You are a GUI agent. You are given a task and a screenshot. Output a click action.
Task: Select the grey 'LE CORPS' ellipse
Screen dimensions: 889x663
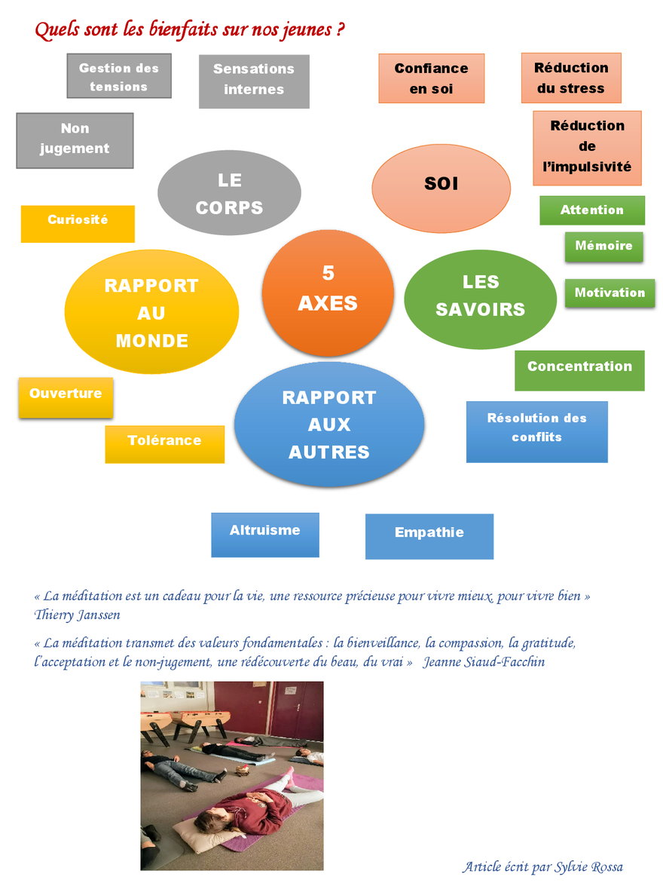(229, 193)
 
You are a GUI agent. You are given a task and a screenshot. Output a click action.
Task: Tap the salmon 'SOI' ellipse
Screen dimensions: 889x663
(441, 184)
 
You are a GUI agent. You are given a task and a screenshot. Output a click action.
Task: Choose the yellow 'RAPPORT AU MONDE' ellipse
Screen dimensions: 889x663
(151, 313)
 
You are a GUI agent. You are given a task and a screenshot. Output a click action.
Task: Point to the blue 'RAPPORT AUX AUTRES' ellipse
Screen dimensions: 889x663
(329, 425)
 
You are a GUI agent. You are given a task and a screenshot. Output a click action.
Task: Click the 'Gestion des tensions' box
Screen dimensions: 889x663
(119, 76)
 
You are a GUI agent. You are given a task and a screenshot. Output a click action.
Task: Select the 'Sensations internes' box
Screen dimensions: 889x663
(254, 80)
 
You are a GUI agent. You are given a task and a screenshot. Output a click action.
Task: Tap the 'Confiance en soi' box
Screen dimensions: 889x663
(431, 78)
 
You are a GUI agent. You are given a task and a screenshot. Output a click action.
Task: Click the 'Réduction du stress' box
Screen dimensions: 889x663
(571, 78)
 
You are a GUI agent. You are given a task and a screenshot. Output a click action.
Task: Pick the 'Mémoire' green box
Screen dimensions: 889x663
(603, 246)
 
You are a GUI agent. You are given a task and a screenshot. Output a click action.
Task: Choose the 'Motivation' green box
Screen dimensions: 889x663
(610, 293)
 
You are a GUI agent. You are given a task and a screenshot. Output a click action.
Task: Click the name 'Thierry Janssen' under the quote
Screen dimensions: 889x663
(77, 615)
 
